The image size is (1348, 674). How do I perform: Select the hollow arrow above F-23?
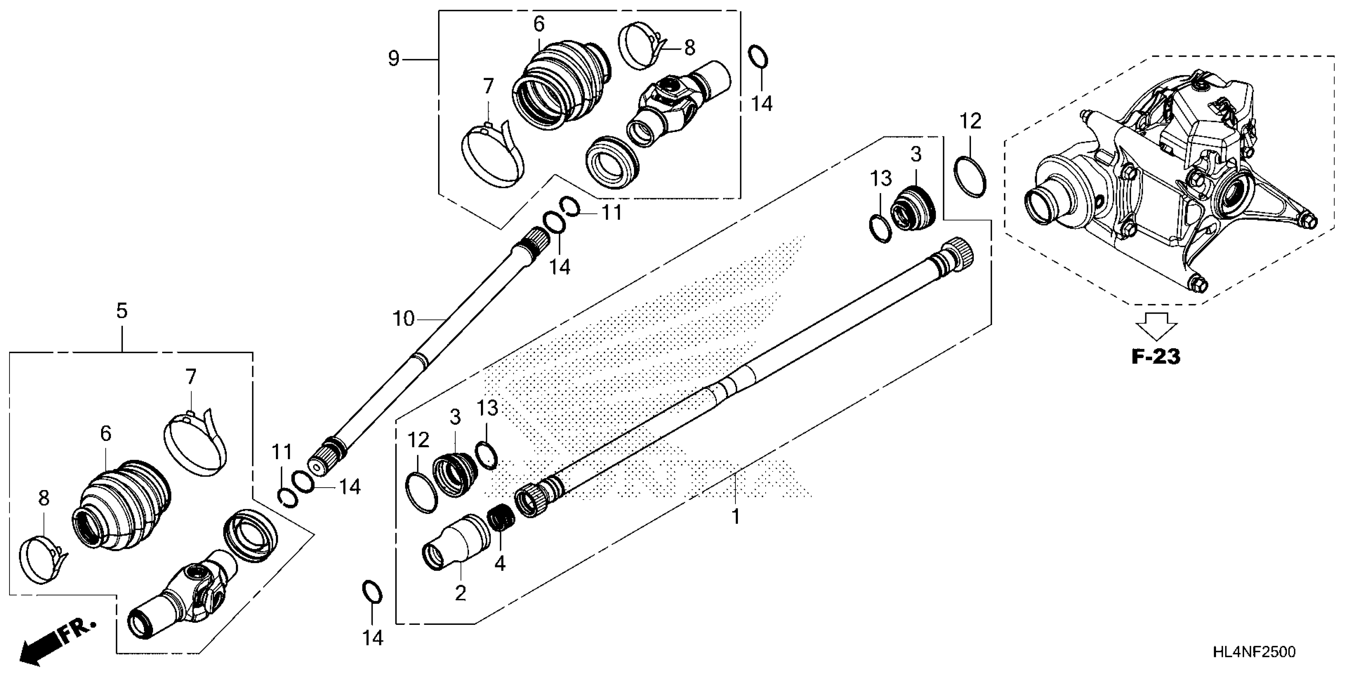[1156, 326]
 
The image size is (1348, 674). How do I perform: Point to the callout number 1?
[736, 517]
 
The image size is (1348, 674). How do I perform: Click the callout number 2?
[460, 593]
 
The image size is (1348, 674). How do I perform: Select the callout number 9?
[394, 58]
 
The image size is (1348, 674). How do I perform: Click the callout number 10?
[403, 319]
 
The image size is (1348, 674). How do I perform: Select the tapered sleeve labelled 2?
[455, 542]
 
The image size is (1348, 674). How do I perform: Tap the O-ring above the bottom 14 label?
[371, 592]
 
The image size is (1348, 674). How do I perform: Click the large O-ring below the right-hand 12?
[970, 177]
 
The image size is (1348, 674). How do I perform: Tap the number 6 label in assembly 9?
[539, 23]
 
